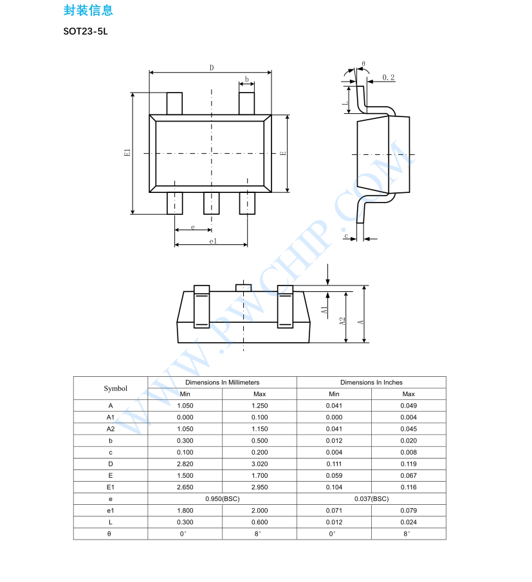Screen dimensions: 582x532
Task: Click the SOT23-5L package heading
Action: (x=85, y=31)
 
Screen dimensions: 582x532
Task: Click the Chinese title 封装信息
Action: (x=88, y=10)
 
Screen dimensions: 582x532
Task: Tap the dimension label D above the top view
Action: (x=211, y=68)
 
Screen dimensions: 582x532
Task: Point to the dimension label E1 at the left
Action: (x=127, y=153)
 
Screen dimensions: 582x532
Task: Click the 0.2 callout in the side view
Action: (x=389, y=77)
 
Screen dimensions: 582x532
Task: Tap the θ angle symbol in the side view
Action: (x=363, y=64)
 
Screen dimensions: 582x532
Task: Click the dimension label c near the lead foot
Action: (x=346, y=237)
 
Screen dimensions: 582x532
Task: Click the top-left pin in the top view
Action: (x=174, y=103)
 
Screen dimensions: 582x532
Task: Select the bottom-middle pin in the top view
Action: (x=212, y=203)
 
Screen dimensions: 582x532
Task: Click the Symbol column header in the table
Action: (x=116, y=388)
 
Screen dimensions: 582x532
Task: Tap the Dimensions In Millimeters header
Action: (x=223, y=382)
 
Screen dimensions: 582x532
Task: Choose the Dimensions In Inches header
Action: (x=371, y=382)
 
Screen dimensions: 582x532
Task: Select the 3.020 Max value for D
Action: (x=260, y=464)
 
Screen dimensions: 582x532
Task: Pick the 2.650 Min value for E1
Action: (x=185, y=487)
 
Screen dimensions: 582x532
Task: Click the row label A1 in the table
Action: (x=111, y=417)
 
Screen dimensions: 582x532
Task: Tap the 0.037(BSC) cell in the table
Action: (x=371, y=499)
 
